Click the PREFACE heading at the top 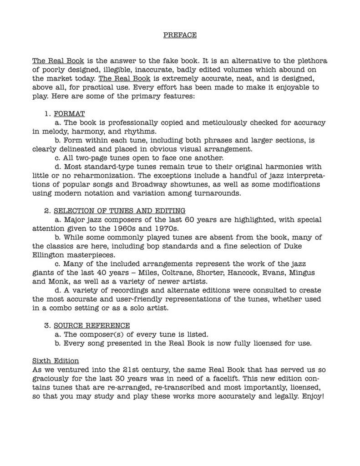[180, 35]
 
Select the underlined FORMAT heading [69, 114]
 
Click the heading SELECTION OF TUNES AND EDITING [119, 211]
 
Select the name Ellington [50, 255]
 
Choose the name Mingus [309, 273]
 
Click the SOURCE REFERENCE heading [91, 325]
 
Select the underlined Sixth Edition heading [56, 361]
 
